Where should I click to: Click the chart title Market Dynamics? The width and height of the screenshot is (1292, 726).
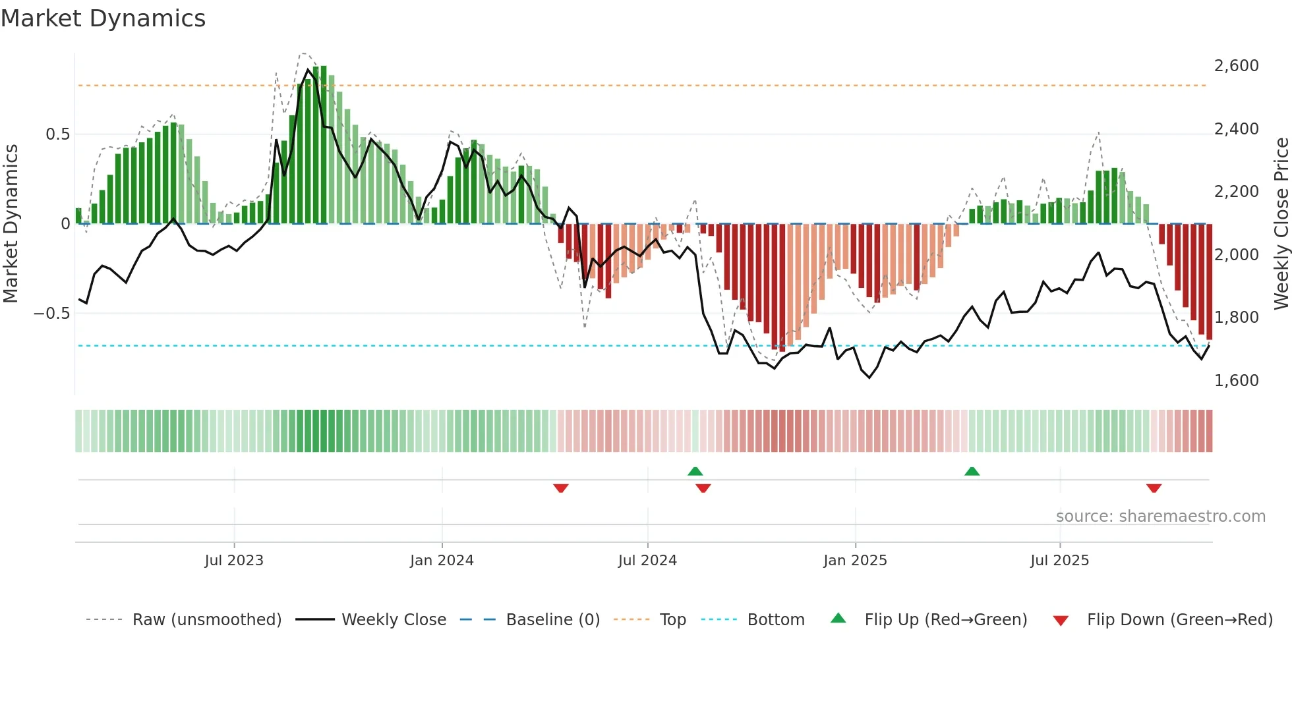click(x=103, y=18)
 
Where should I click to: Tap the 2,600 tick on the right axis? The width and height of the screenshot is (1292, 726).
click(x=1236, y=66)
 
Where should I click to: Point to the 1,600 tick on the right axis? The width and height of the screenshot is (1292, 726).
click(x=1236, y=380)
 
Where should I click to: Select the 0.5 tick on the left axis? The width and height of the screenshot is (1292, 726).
click(x=57, y=134)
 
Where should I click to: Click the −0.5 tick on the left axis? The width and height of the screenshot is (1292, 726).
click(x=51, y=313)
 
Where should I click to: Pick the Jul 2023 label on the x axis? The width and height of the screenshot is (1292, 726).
click(x=234, y=561)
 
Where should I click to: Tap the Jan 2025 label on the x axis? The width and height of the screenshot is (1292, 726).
click(x=855, y=561)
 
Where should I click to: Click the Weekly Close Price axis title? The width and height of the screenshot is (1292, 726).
click(x=1281, y=223)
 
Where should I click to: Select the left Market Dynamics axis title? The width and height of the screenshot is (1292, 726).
click(x=11, y=223)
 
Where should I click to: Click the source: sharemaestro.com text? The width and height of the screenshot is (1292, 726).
click(x=1160, y=517)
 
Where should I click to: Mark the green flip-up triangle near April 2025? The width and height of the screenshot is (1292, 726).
click(x=972, y=471)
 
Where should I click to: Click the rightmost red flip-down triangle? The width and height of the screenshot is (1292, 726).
click(x=1154, y=488)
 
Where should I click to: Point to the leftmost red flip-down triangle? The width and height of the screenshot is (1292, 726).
click(x=561, y=488)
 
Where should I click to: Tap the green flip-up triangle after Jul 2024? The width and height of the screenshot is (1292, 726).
click(x=695, y=471)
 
